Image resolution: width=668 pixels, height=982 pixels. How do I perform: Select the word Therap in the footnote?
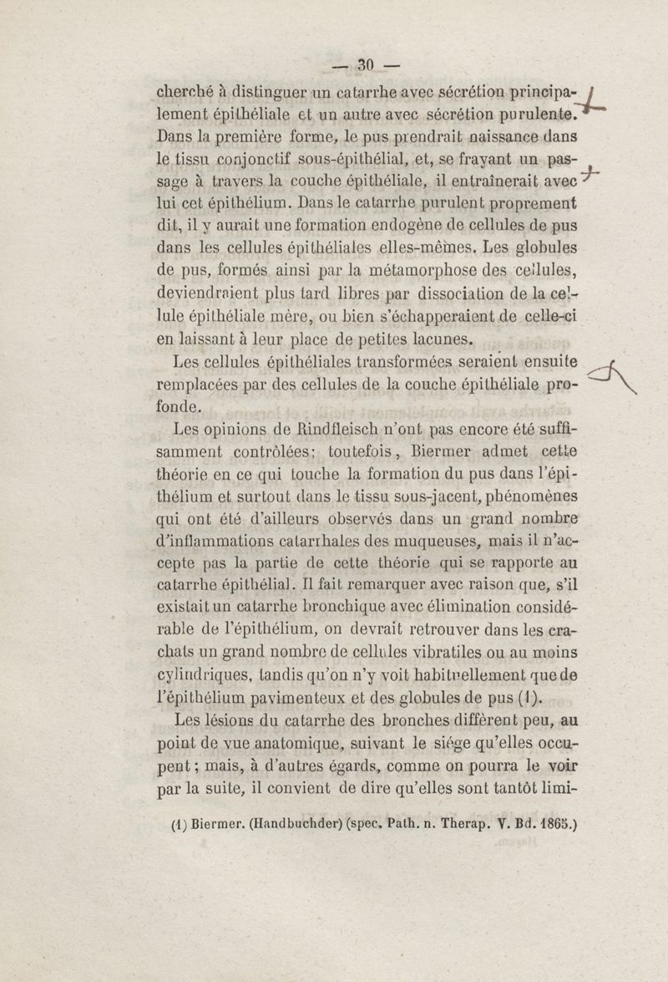(x=470, y=822)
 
